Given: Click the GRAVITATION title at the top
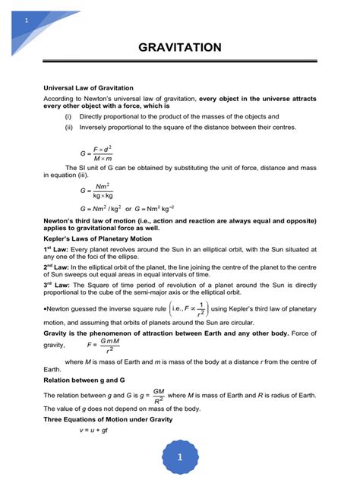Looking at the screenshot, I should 180,48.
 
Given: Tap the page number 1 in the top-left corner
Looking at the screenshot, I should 27,18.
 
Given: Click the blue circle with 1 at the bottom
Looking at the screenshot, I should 180,457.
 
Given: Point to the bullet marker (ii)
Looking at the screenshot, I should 70,128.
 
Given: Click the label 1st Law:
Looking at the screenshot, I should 57,249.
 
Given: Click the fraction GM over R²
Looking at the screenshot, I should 158,394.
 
